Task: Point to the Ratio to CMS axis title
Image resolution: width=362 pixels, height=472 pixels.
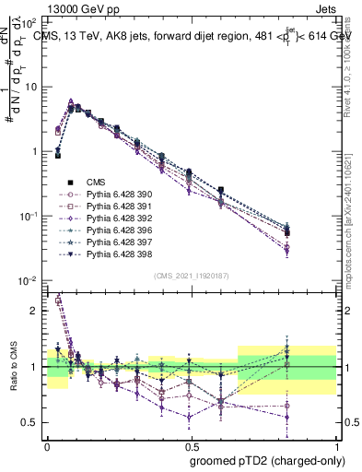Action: coord(12,367)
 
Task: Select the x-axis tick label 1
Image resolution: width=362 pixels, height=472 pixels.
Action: coord(338,444)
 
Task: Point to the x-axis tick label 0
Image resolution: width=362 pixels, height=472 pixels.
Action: coord(47,444)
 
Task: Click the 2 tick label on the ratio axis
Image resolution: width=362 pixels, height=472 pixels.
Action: coord(35,312)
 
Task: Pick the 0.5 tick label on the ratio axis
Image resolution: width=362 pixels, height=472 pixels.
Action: coord(30,422)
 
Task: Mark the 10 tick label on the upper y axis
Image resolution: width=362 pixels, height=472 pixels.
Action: coord(30,87)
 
